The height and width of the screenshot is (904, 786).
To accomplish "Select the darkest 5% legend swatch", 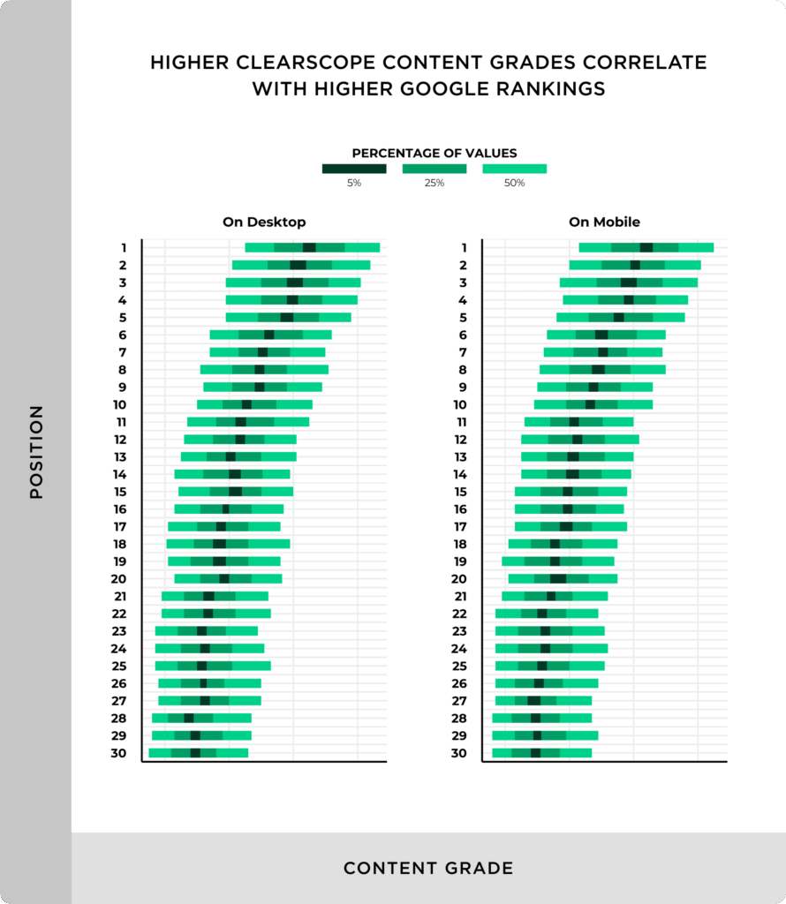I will pos(353,168).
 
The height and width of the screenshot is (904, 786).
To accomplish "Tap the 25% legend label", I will pos(434,184).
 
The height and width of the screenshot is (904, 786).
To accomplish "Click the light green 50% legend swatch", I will pos(514,168).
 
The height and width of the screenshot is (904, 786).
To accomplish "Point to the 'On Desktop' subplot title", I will pos(264,222).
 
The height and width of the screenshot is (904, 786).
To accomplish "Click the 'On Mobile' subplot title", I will pos(604,222).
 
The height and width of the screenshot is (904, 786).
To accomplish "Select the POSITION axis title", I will pos(36,452).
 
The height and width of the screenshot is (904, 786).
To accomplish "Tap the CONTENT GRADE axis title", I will pos(428,869).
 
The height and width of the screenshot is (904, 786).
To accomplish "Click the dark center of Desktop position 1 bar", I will pos(309,248).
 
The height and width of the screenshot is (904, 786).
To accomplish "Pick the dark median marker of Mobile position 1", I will pos(646,248).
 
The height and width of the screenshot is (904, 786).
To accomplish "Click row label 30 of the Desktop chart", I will pos(118,753).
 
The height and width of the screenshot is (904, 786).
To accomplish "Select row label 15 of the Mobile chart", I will pos(459,492).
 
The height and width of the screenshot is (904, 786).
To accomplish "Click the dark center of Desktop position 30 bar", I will pos(195,753).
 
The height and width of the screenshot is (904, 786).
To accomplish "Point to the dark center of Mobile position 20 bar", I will pos(558,579).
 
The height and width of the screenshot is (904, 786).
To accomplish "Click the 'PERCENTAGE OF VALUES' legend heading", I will pos(435,153).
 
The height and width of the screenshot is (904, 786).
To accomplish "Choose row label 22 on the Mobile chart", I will pos(459,614).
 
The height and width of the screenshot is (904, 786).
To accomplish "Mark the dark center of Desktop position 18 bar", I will pos(219,544).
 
